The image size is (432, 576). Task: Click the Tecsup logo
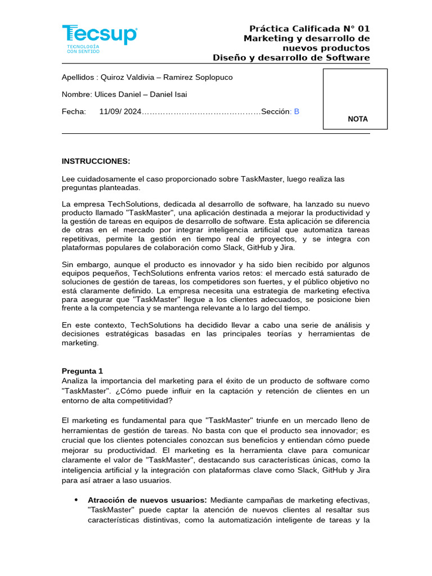(99, 35)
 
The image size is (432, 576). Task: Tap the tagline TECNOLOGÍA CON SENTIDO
(83, 49)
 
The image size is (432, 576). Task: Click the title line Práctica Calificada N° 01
(309, 29)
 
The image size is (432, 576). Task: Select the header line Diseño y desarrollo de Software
(291, 57)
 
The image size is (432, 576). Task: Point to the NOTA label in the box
(358, 119)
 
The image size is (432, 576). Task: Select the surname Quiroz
(114, 77)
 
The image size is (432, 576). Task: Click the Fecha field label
(74, 111)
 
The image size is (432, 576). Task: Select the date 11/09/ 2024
(120, 111)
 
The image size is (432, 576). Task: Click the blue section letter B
(296, 111)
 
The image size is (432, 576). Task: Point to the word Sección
(274, 111)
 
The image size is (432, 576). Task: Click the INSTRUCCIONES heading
(96, 161)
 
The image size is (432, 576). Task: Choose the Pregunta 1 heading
(82, 371)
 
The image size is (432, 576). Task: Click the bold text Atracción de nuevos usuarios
(147, 500)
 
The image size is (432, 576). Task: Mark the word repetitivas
(80, 238)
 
